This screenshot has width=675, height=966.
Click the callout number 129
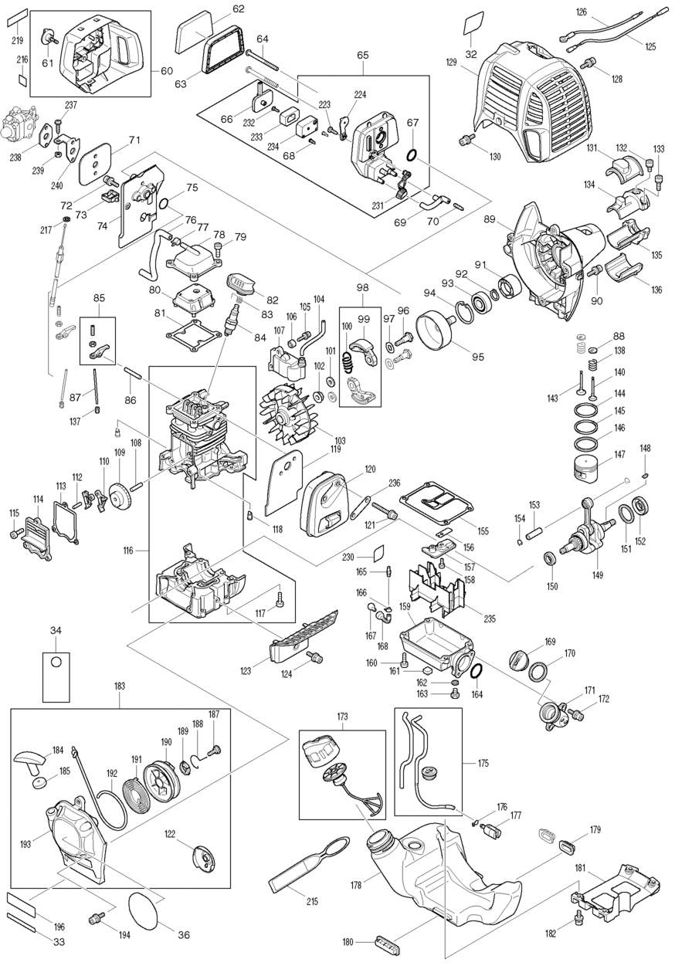(451, 63)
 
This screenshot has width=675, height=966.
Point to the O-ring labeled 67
(412, 154)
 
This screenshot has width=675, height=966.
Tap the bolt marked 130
(466, 140)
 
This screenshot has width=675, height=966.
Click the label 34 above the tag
(56, 631)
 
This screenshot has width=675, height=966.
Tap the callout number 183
(120, 686)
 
